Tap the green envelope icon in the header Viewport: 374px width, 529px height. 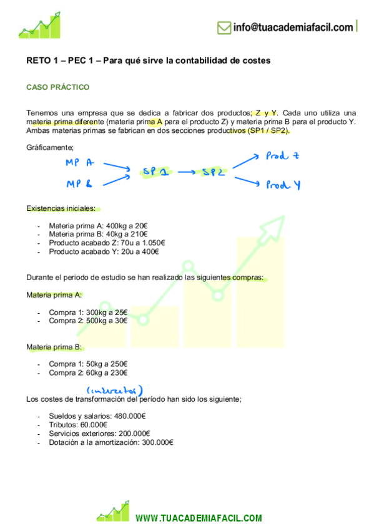224,27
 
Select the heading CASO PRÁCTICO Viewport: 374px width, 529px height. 57,87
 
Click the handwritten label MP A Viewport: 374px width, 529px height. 79,163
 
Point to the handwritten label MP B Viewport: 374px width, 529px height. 79,183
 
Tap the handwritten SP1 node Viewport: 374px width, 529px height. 155,172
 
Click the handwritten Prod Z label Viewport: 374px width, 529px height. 282,156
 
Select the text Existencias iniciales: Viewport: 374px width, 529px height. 61,208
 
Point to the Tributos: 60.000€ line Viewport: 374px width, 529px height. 81,425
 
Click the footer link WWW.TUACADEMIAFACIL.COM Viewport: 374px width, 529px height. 199,518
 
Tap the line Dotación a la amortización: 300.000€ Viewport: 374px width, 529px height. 111,442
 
